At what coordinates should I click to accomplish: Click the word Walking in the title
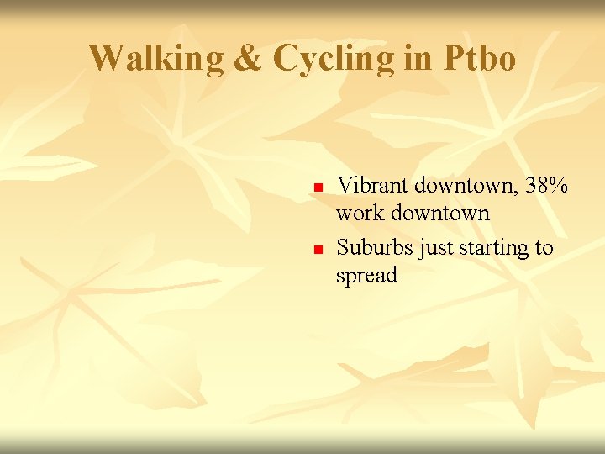(x=157, y=58)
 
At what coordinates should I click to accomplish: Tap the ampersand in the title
(x=249, y=58)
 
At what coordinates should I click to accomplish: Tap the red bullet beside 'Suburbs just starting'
(x=318, y=250)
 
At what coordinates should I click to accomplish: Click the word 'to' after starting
(x=544, y=247)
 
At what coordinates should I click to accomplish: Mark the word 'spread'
(x=366, y=276)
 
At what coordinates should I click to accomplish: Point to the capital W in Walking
(x=105, y=58)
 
